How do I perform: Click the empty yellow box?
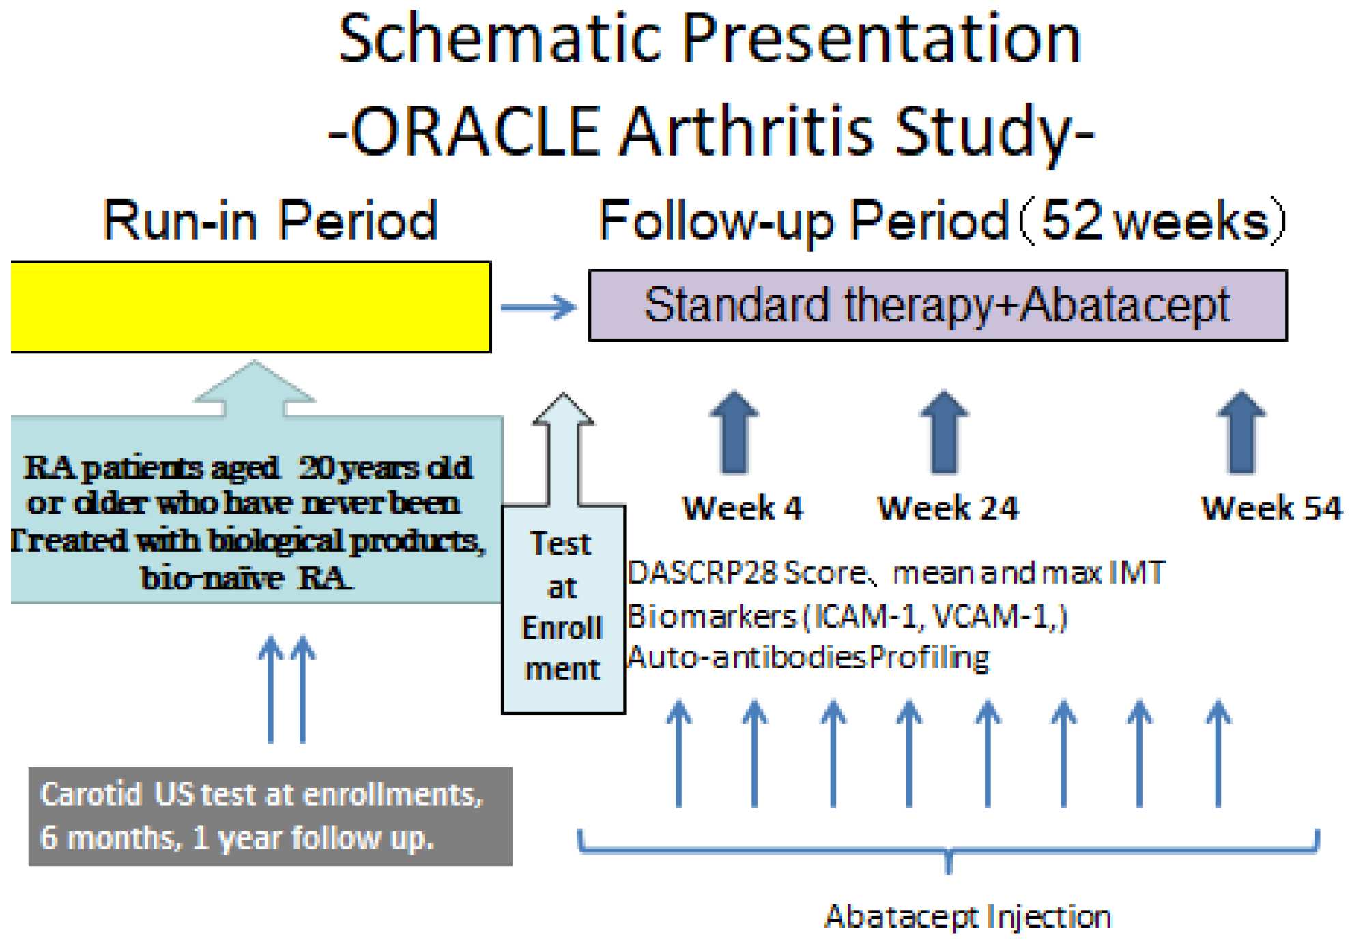coord(250,306)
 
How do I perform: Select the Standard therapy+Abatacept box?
coord(937,305)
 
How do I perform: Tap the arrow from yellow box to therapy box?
coord(538,307)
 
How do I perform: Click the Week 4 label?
coord(743,508)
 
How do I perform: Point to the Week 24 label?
coord(947,508)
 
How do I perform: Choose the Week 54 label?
coord(1271,508)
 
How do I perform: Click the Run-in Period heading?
coord(270,221)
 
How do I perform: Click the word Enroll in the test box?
coord(562,628)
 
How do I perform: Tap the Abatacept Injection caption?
coord(968,916)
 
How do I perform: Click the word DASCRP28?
coord(703,573)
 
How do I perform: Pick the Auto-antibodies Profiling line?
coord(808,658)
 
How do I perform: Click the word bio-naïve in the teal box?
coord(212,578)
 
